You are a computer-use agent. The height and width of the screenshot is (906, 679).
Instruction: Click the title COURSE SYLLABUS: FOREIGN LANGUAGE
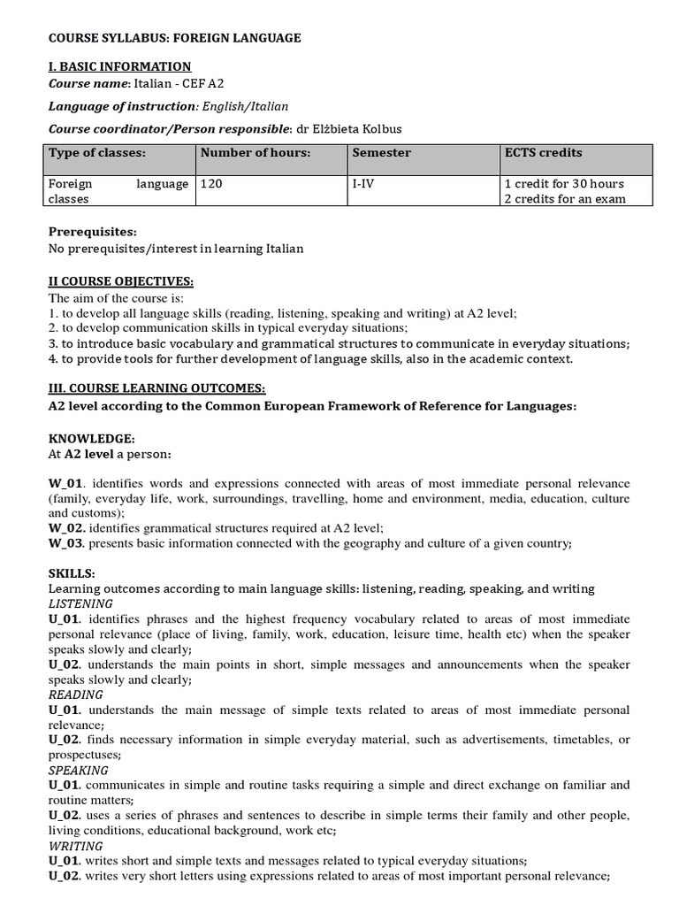point(175,38)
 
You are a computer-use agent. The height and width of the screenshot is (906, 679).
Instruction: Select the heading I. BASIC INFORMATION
point(120,66)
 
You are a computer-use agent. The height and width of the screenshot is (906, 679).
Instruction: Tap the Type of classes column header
point(97,153)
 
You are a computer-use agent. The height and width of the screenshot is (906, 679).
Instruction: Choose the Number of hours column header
point(256,153)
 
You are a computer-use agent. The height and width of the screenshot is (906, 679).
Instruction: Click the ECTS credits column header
point(543,153)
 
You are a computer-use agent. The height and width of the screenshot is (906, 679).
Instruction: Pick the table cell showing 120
point(212,184)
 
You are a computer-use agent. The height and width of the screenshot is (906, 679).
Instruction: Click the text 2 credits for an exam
point(564,199)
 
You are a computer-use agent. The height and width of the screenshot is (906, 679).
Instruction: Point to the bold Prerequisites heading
point(93,232)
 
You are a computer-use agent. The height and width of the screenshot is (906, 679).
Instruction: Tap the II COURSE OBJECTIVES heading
point(120,281)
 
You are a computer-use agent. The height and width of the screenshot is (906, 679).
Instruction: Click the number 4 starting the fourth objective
point(52,358)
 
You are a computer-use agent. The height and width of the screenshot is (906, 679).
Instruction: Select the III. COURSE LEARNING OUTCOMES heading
point(156,388)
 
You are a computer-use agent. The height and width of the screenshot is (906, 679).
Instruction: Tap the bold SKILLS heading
point(71,573)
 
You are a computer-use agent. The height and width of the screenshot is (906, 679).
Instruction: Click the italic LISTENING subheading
point(81,603)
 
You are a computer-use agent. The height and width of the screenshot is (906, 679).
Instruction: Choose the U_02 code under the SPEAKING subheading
point(67,815)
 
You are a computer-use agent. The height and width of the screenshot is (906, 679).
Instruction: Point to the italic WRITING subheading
point(76,845)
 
